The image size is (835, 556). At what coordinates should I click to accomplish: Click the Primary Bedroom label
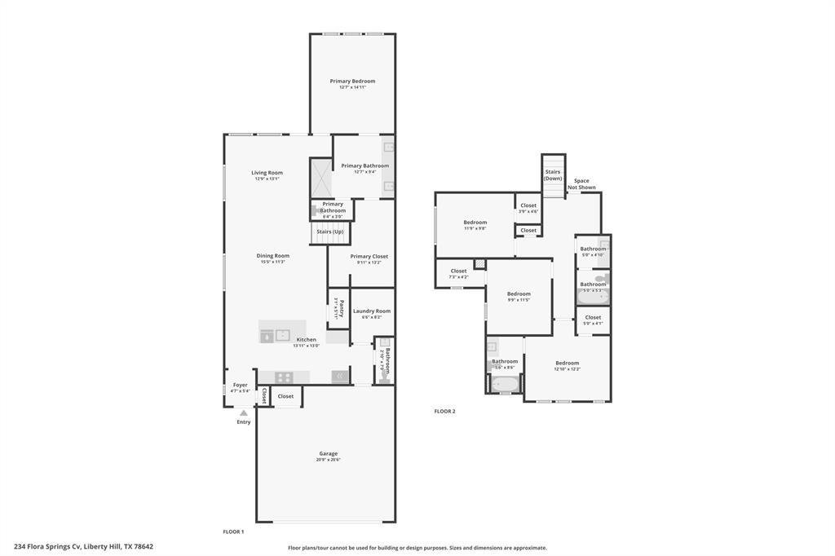[x=352, y=82]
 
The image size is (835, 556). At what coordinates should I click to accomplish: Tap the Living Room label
[x=267, y=173]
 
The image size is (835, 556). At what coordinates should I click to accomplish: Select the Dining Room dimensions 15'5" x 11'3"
[x=273, y=262]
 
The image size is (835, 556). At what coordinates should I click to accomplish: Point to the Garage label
[x=328, y=453]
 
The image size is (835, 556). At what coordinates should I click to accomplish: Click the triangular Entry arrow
[x=243, y=413]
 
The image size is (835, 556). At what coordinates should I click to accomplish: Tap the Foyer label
[x=240, y=385]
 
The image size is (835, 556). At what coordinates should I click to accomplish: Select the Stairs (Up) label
[x=329, y=232]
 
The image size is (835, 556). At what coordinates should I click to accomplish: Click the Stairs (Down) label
[x=553, y=174]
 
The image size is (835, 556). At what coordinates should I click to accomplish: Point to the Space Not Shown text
[x=581, y=184]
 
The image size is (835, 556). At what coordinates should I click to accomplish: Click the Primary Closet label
[x=369, y=256]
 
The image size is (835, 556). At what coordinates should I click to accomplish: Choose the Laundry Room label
[x=372, y=311]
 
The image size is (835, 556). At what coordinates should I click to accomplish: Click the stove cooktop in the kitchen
[x=283, y=377]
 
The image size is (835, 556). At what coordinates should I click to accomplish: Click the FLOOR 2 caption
[x=444, y=411]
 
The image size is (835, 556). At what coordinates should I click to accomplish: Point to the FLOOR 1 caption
[x=233, y=532]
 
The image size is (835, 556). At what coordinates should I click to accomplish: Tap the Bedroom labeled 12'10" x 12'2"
[x=567, y=364]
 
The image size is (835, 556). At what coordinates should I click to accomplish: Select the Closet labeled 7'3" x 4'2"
[x=458, y=271]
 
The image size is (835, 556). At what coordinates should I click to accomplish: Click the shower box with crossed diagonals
[x=320, y=178]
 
